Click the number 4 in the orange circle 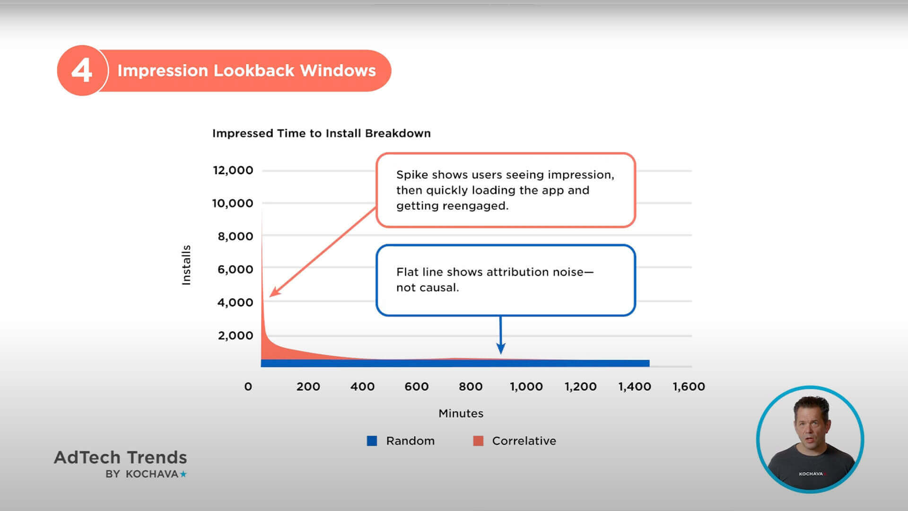coord(82,70)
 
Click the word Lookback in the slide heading coord(254,70)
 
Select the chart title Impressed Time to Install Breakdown coord(321,133)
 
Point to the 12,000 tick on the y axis coord(233,170)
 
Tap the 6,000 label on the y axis coord(235,269)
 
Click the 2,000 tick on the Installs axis coord(235,335)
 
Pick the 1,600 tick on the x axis coord(689,387)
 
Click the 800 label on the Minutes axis coord(471,387)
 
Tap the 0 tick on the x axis coord(248,387)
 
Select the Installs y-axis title coord(186,265)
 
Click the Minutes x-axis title coord(461,414)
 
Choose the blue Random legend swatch coord(372,441)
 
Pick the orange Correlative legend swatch coord(478,441)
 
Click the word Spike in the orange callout coord(411,175)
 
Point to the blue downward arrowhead coord(501,349)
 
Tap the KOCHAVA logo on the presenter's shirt coord(811,474)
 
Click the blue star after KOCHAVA coord(183,474)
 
